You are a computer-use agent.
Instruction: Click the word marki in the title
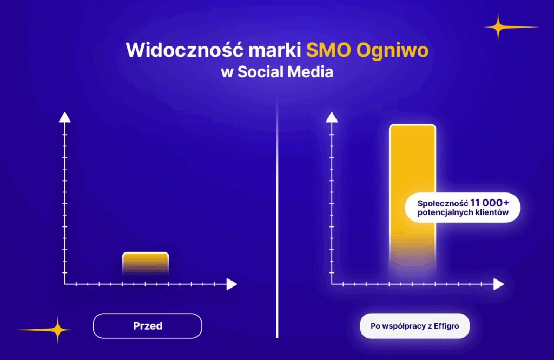pyautogui.click(x=274, y=50)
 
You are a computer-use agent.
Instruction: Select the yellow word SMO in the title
pyautogui.click(x=328, y=50)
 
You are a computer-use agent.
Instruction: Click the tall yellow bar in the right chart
pyautogui.click(x=412, y=198)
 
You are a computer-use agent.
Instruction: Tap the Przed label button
pyautogui.click(x=147, y=326)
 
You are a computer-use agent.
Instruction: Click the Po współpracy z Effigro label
pyautogui.click(x=415, y=326)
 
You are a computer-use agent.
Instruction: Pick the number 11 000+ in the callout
pyautogui.click(x=490, y=203)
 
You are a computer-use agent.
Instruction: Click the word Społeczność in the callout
pyautogui.click(x=443, y=204)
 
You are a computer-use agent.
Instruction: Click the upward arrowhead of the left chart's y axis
pyautogui.click(x=65, y=117)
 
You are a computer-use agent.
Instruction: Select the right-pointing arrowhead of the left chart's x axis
pyautogui.click(x=232, y=284)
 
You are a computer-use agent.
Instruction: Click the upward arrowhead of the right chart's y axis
pyautogui.click(x=332, y=117)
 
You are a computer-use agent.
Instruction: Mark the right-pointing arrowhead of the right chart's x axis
pyautogui.click(x=499, y=284)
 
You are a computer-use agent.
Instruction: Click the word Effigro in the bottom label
pyautogui.click(x=446, y=326)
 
